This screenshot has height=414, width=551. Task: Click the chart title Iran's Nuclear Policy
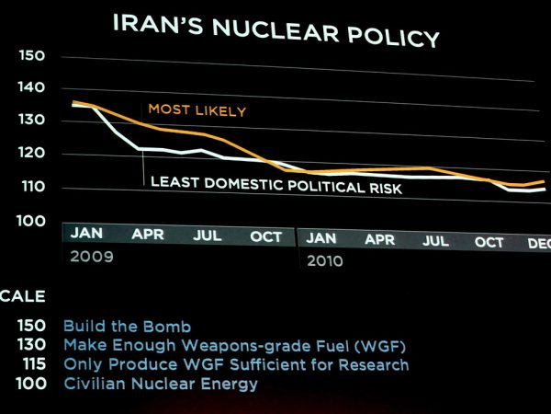[276, 30]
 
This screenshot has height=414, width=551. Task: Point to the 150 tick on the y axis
[32, 55]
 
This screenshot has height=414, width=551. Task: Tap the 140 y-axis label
[31, 87]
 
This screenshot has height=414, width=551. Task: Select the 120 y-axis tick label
[31, 153]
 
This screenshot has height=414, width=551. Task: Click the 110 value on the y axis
[33, 187]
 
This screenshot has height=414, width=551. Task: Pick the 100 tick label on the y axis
[31, 221]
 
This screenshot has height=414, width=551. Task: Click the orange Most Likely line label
[197, 110]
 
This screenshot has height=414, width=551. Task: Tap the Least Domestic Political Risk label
[276, 185]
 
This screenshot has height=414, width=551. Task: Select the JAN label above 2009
[86, 233]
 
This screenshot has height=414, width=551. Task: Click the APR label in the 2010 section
[379, 240]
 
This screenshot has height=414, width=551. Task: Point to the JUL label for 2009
[208, 236]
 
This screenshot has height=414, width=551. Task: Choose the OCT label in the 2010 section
[489, 242]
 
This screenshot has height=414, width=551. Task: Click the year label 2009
[92, 257]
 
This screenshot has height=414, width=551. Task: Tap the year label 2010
[325, 261]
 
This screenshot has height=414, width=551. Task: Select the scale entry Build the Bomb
[128, 327]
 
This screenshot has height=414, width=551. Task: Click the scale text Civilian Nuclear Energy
[161, 384]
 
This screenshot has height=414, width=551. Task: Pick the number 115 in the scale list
[35, 364]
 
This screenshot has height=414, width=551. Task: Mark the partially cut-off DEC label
[539, 244]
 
